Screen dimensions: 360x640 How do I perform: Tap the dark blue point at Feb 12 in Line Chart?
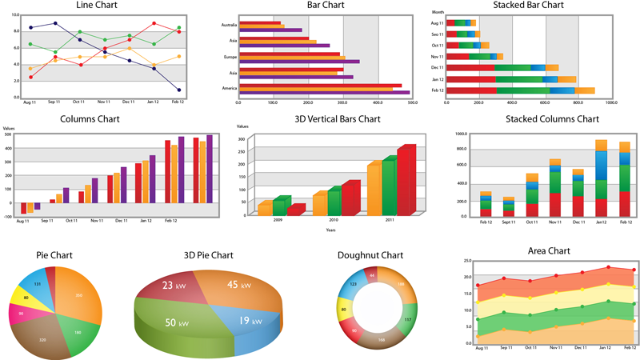click(178, 90)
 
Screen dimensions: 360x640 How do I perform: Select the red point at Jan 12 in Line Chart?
click(154, 24)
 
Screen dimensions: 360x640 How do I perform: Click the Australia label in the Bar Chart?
click(229, 24)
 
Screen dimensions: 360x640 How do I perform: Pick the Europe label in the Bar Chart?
click(230, 57)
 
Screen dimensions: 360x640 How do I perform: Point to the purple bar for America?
click(320, 92)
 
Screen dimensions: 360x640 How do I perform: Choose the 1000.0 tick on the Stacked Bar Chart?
click(612, 102)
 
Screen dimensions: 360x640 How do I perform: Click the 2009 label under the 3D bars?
click(278, 220)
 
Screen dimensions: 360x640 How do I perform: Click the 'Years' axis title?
click(330, 230)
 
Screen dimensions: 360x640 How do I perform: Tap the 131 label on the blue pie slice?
click(37, 284)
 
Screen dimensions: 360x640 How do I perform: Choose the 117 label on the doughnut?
click(407, 320)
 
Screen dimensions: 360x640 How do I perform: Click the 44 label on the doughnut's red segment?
click(371, 275)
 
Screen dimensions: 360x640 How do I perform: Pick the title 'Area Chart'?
click(549, 251)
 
